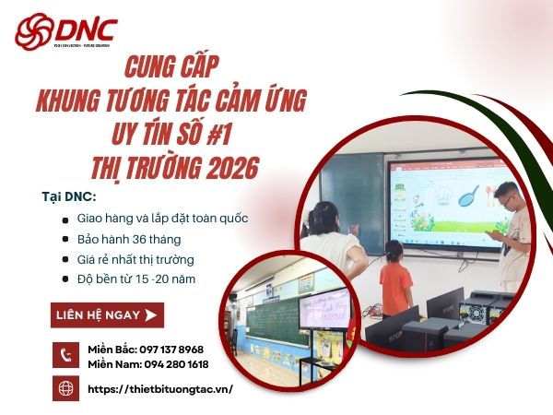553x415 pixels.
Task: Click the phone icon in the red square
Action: pos(65,355)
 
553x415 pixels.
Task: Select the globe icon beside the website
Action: pos(65,388)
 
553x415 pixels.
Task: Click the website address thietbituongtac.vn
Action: pos(159,389)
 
